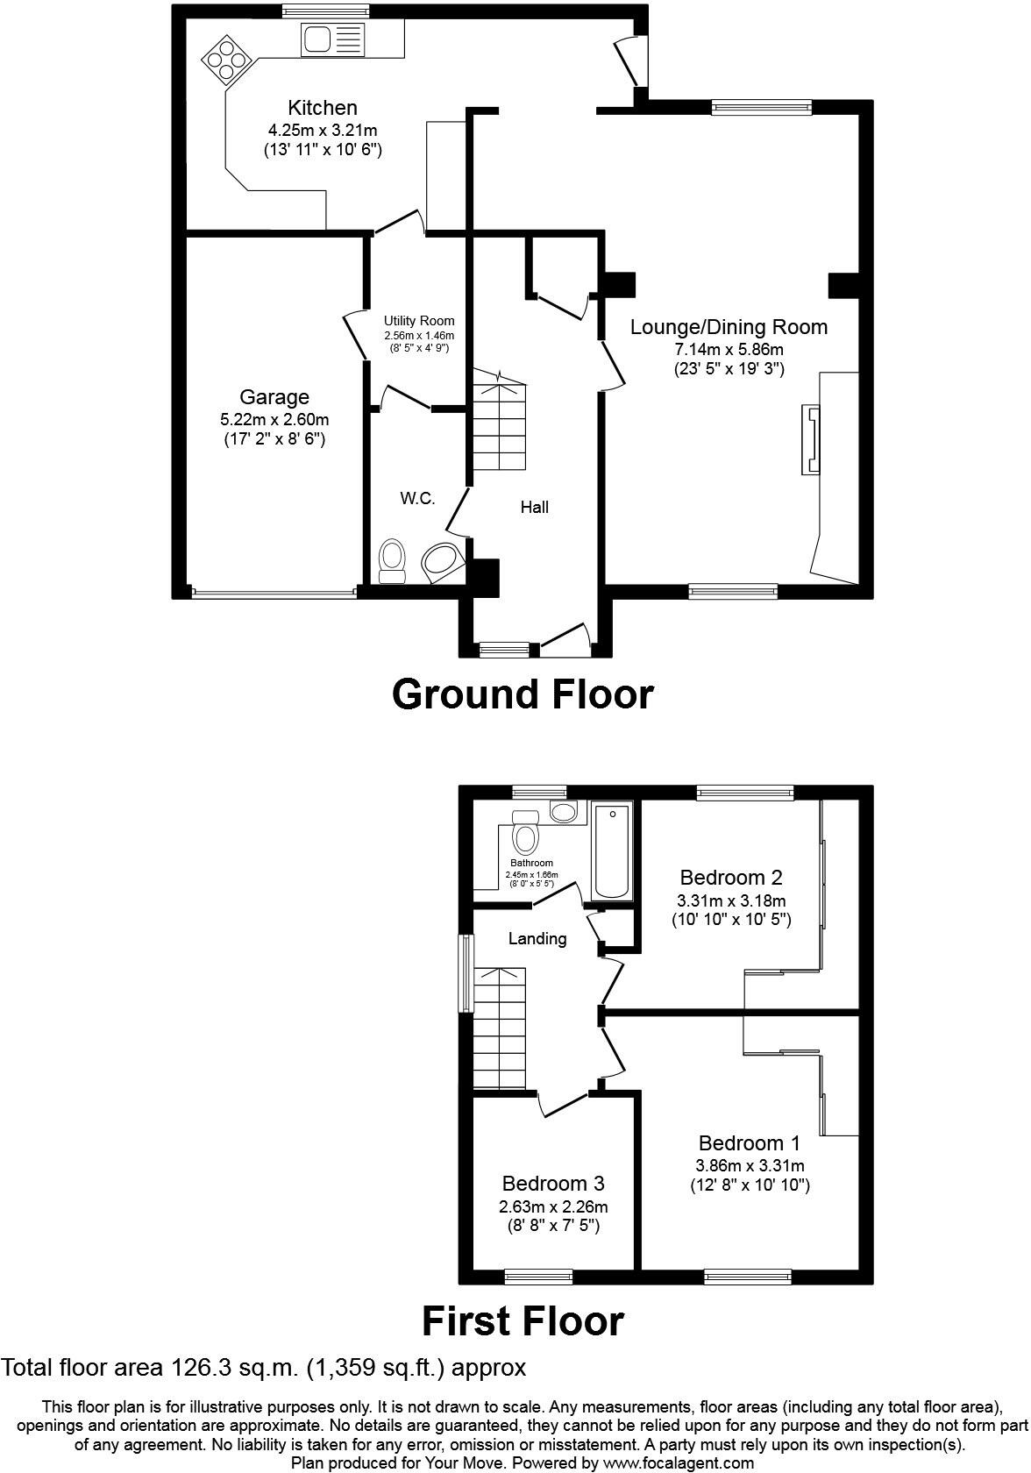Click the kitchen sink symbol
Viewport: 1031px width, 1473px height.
[332, 39]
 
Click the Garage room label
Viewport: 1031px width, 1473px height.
[274, 397]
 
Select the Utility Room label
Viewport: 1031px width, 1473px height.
[419, 321]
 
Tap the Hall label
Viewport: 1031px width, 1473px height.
[534, 507]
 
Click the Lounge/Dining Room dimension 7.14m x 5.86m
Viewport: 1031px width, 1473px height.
[729, 349]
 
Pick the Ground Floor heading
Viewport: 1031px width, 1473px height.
[523, 694]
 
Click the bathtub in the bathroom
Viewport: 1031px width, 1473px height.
[613, 851]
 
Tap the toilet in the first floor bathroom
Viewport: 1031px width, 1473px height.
[526, 832]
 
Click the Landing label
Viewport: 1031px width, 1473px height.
[537, 939]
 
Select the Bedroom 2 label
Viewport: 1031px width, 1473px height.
[731, 877]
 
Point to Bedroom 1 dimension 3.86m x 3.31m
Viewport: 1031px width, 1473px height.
[750, 1165]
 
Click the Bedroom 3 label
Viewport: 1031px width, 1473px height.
[553, 1184]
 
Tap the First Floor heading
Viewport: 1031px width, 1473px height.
[523, 1321]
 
